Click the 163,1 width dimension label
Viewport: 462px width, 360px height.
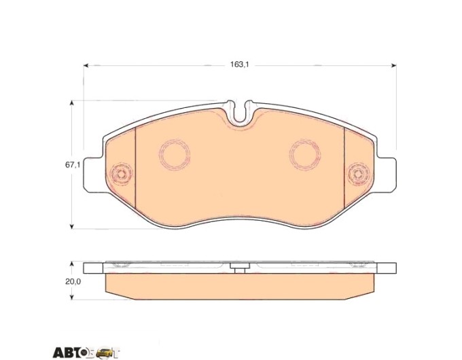(240, 65)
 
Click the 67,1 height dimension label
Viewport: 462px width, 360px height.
(73, 165)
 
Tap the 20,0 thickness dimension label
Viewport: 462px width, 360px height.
(73, 281)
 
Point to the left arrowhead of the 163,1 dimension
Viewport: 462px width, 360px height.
(86, 65)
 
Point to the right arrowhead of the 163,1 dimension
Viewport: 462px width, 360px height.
(393, 65)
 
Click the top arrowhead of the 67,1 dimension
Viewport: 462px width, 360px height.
(71, 103)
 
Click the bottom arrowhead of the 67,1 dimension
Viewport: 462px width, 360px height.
(71, 226)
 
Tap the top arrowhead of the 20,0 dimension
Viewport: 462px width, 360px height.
(71, 264)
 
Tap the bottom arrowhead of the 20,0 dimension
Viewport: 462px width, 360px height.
(71, 297)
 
